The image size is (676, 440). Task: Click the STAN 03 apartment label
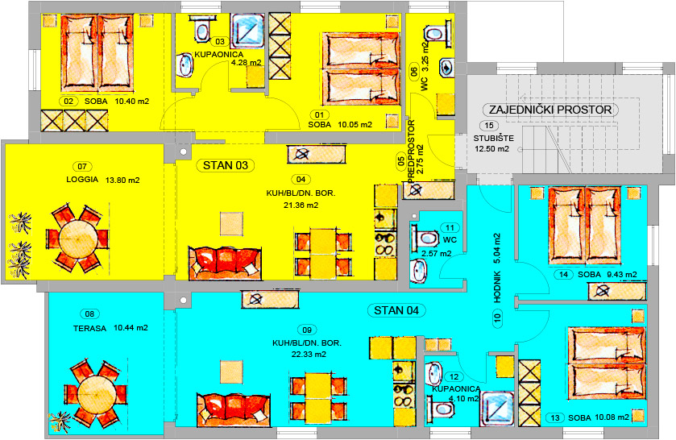pyautogui.click(x=226, y=165)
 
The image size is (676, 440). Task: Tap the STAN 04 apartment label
pyautogui.click(x=396, y=310)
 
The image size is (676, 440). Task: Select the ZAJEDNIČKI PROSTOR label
pyautogui.click(x=550, y=110)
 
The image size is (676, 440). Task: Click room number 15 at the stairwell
pyautogui.click(x=489, y=126)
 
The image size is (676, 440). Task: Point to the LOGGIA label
pyautogui.click(x=82, y=180)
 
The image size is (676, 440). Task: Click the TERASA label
pyautogui.click(x=89, y=328)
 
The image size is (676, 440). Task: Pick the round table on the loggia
pyautogui.click(x=78, y=239)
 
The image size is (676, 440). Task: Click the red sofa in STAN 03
pyautogui.click(x=225, y=263)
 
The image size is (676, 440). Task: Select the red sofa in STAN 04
pyautogui.click(x=234, y=409)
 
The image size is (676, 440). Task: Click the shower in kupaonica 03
pyautogui.click(x=247, y=31)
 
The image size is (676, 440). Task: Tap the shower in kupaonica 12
pyautogui.click(x=497, y=409)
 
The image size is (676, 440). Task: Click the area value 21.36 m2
pyautogui.click(x=301, y=205)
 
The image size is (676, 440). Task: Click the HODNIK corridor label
pyautogui.click(x=497, y=286)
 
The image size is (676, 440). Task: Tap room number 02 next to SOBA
pyautogui.click(x=68, y=102)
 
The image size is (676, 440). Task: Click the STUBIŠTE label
pyautogui.click(x=494, y=139)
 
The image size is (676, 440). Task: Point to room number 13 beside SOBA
pyautogui.click(x=555, y=417)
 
